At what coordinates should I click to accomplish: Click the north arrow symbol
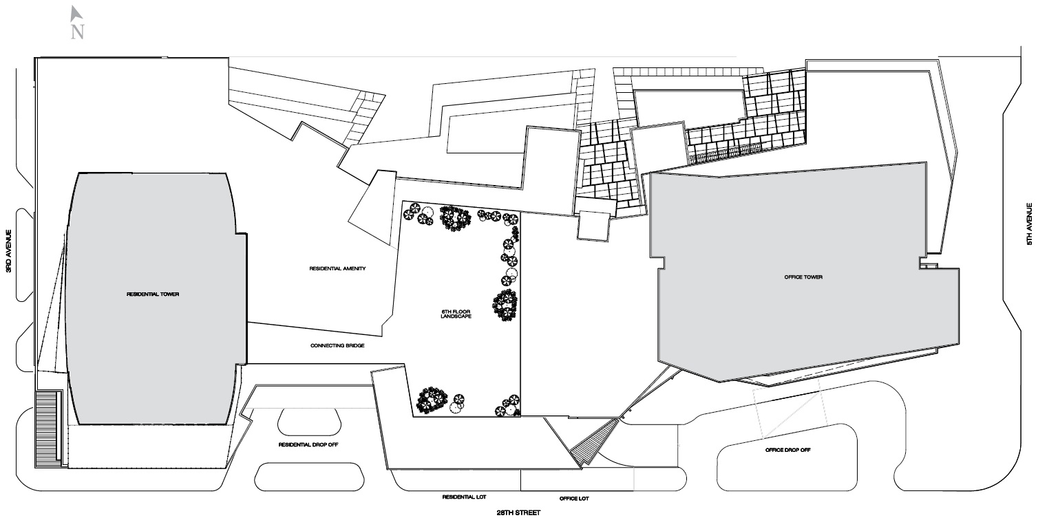click(76, 14)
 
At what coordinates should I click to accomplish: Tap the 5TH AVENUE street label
click(1029, 224)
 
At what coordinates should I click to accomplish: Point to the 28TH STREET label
click(518, 512)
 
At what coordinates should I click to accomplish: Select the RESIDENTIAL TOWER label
click(153, 294)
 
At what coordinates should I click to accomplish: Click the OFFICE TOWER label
click(803, 277)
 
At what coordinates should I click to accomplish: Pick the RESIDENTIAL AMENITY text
click(337, 268)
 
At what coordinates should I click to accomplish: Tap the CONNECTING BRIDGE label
click(337, 345)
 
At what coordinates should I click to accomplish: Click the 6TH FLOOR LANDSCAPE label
click(456, 314)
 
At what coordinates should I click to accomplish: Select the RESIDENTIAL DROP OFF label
click(308, 444)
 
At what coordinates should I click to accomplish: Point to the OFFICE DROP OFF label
click(787, 450)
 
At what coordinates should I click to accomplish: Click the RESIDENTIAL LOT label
click(465, 497)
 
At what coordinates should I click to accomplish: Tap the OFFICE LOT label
click(574, 498)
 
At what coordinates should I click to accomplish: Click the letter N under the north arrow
click(77, 32)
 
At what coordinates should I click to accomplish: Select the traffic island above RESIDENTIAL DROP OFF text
click(310, 422)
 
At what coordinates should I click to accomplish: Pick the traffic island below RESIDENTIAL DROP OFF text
click(309, 477)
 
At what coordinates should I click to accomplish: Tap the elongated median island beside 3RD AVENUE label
click(25, 255)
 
